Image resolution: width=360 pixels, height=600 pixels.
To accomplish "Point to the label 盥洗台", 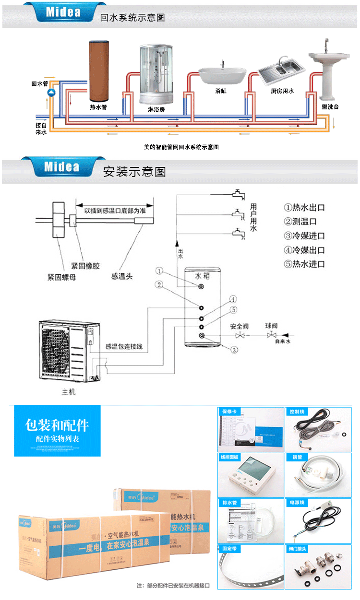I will (x=330, y=107).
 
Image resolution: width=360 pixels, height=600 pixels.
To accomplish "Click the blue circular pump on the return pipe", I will (x=52, y=92).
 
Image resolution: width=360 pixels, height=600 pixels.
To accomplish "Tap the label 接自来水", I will (x=41, y=129).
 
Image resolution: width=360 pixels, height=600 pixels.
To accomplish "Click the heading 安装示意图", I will (x=134, y=172).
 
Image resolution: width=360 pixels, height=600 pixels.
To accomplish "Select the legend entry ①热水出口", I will (x=304, y=208).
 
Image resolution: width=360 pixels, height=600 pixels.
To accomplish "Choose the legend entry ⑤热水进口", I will (x=304, y=264).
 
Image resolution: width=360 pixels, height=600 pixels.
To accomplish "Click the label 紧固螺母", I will (x=61, y=277).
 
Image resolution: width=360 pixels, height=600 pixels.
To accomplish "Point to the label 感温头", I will (x=121, y=277).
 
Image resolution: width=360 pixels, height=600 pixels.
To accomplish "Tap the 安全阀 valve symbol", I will (x=244, y=335).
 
